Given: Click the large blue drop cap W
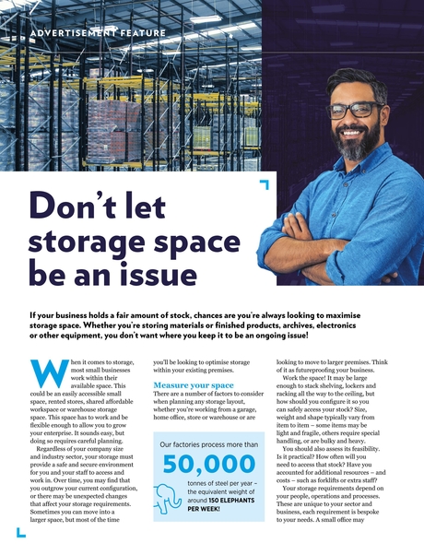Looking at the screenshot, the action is [x=45, y=372].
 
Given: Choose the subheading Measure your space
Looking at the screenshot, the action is [x=194, y=384].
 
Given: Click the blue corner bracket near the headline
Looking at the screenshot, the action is [x=265, y=185].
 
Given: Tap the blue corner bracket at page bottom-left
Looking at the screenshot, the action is [x=19, y=535].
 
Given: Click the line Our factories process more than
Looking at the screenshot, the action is [x=209, y=443].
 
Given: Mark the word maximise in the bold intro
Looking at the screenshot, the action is [x=358, y=314].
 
